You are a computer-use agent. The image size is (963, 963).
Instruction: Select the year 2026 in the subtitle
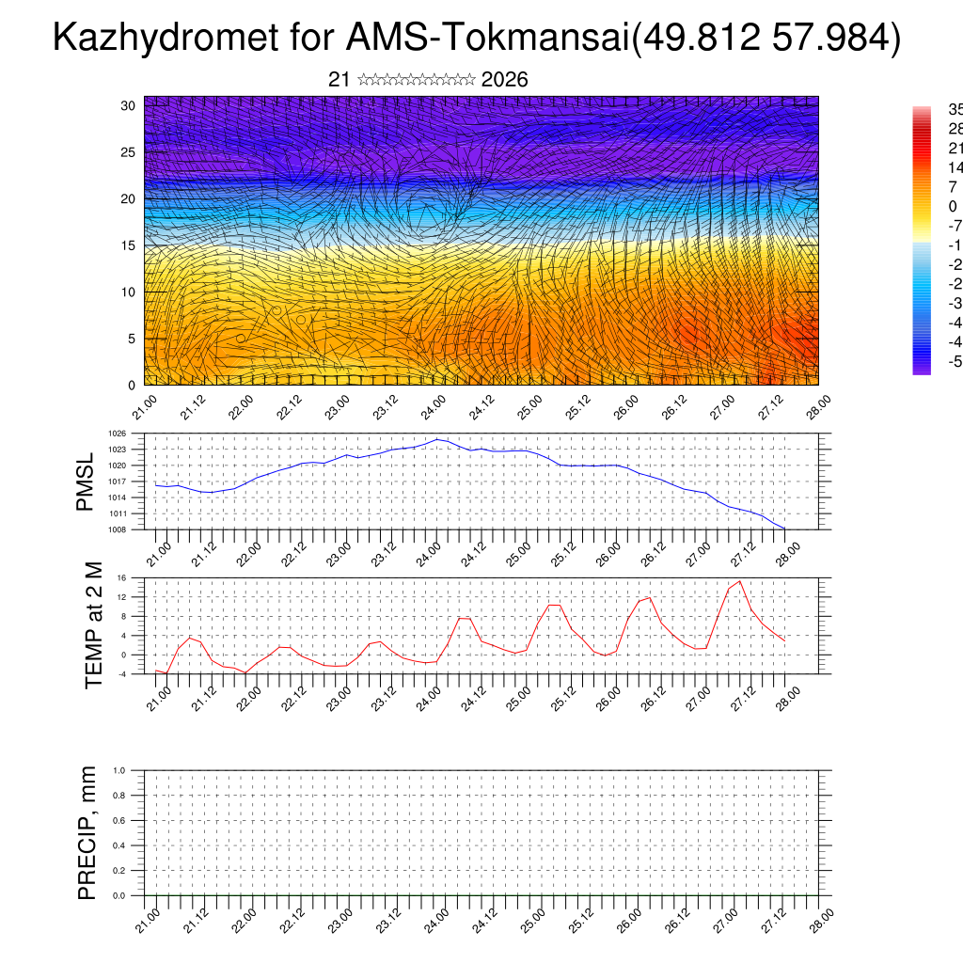point(504,80)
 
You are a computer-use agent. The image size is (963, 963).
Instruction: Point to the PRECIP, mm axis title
point(87,833)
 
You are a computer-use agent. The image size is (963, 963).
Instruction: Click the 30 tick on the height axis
point(129,105)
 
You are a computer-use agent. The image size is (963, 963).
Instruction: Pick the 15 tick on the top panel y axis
point(129,245)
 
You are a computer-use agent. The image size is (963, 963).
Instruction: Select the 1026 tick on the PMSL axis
point(118,434)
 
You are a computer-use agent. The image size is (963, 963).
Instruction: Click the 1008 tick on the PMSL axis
point(118,529)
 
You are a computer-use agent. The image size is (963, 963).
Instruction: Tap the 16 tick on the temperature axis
point(122,577)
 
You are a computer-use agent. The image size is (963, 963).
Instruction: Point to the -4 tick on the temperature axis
point(122,674)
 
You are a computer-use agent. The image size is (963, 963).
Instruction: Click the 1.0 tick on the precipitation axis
point(119,770)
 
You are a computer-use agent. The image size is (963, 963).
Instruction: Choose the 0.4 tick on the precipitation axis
point(119,845)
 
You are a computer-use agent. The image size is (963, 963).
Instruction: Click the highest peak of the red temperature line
point(740,581)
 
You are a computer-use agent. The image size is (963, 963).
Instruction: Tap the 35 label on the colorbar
point(954,109)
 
